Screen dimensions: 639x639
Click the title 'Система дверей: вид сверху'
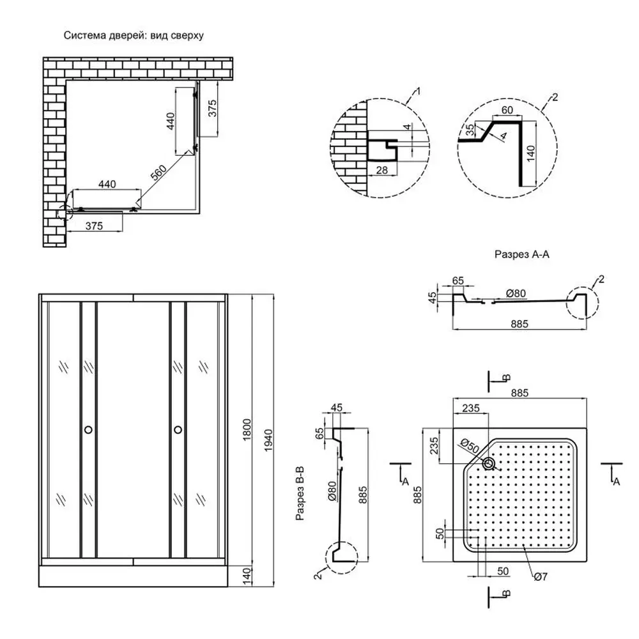(x=134, y=36)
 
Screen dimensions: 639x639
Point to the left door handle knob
(x=88, y=430)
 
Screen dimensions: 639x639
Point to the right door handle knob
(x=178, y=430)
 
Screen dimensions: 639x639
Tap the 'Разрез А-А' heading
(x=522, y=254)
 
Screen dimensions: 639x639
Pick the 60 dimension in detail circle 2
(x=507, y=111)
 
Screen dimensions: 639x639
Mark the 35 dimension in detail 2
(x=471, y=131)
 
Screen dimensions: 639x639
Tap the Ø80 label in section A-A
(x=516, y=293)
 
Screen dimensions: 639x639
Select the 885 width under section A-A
(x=518, y=324)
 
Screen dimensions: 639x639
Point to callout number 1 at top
(x=418, y=92)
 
